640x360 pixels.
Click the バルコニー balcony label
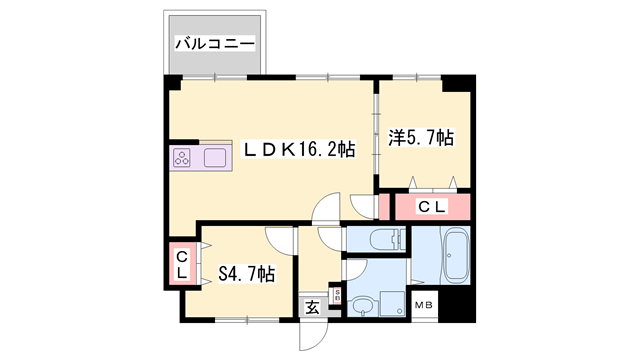[x=216, y=43]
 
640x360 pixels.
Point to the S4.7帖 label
[x=247, y=274]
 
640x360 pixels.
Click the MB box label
[x=425, y=305]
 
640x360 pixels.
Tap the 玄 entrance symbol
[x=312, y=307]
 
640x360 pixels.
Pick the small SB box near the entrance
[x=337, y=295]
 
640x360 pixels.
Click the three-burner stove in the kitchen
[x=183, y=157]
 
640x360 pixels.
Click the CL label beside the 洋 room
[x=431, y=207]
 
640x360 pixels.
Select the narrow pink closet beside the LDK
[x=384, y=207]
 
